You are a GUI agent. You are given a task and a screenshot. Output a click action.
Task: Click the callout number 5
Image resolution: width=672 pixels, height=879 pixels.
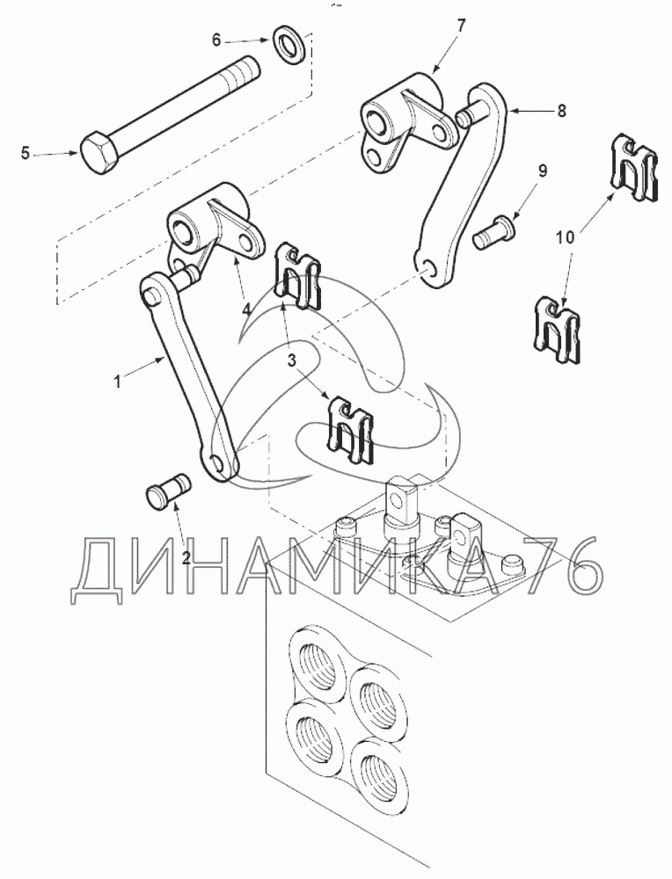pyautogui.click(x=26, y=153)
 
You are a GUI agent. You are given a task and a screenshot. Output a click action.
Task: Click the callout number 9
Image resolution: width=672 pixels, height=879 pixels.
pyautogui.click(x=543, y=171)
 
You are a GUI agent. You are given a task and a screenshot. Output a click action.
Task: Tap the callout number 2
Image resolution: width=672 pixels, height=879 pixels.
pyautogui.click(x=186, y=556)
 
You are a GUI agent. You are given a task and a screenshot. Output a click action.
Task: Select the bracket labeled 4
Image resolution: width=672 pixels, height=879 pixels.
pyautogui.click(x=214, y=229)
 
